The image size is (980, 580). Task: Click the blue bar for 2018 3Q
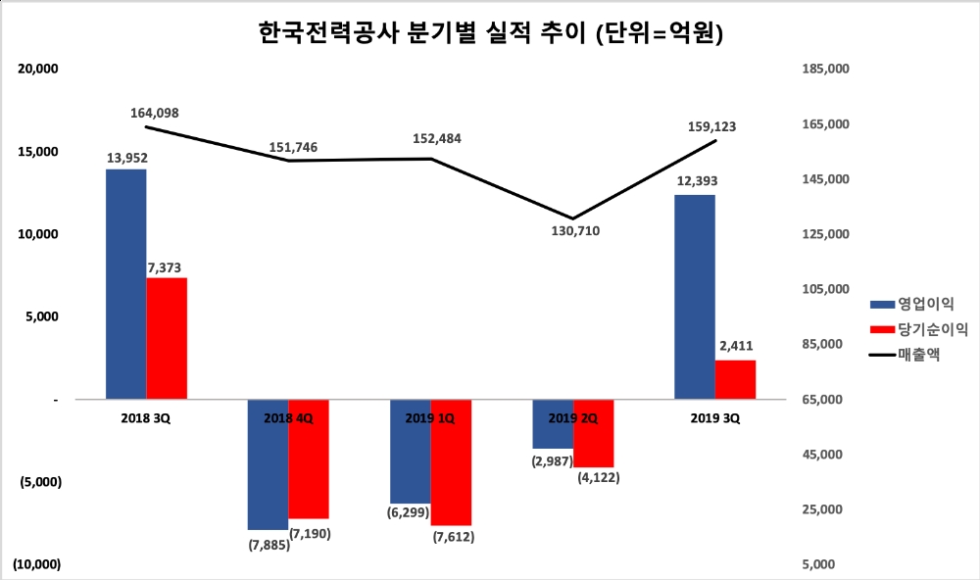coord(126,284)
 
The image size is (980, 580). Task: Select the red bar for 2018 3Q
coord(167,338)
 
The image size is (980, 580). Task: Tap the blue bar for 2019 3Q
coord(695,297)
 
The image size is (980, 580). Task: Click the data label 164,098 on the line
coord(155,114)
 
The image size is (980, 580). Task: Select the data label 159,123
coord(712,126)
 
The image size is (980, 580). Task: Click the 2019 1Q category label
coord(429,418)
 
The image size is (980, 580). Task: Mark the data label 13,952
coord(126,157)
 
